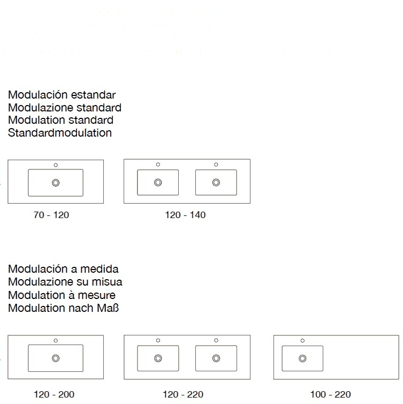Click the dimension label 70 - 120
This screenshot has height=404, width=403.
pos(51,215)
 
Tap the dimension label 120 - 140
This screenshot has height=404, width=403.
pos(185,215)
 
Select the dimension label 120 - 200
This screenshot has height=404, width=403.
pos(54,395)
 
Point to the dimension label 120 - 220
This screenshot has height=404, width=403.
pos(183,395)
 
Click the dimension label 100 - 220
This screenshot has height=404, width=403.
pos(330,395)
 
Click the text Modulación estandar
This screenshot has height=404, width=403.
pos(62,95)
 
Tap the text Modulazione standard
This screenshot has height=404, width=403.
pos(64,107)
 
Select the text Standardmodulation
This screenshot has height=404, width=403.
pos(60,132)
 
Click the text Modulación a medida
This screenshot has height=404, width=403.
pos(64,269)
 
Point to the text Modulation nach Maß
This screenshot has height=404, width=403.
pos(64,308)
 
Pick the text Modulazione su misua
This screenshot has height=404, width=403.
pos(65,282)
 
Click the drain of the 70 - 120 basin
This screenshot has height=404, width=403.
pos(56,183)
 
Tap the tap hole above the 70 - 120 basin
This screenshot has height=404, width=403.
pos(56,164)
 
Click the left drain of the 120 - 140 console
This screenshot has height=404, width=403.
pos(158,183)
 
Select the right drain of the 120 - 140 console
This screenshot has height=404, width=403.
pos(216,183)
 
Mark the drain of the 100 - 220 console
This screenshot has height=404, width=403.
pos(302,358)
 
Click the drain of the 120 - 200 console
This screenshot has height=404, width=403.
pos(56,358)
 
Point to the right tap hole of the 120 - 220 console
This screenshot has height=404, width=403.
pos(216,340)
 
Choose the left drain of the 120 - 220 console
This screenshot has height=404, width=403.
pos(158,358)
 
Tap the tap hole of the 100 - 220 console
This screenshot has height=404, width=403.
pos(302,340)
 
